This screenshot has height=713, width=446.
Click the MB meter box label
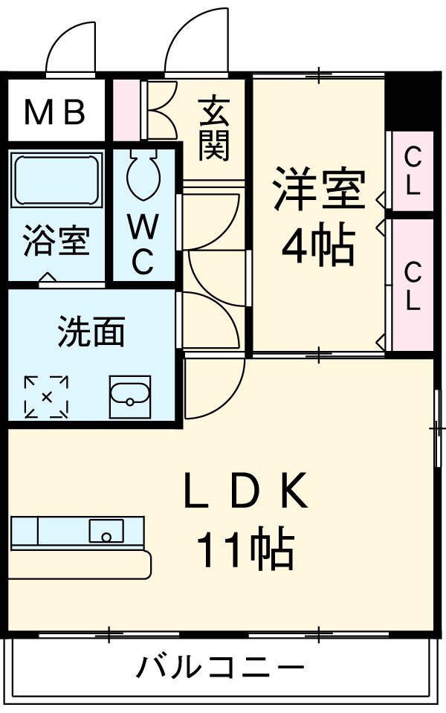(56, 112)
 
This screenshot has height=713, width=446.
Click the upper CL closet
(412, 170)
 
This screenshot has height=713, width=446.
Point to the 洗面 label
(91, 332)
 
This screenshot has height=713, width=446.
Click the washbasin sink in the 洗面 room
(130, 396)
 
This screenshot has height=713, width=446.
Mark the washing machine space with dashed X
(46, 397)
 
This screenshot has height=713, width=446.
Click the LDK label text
(245, 494)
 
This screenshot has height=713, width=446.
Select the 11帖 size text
(245, 550)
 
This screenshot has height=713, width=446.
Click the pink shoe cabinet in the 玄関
(127, 108)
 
